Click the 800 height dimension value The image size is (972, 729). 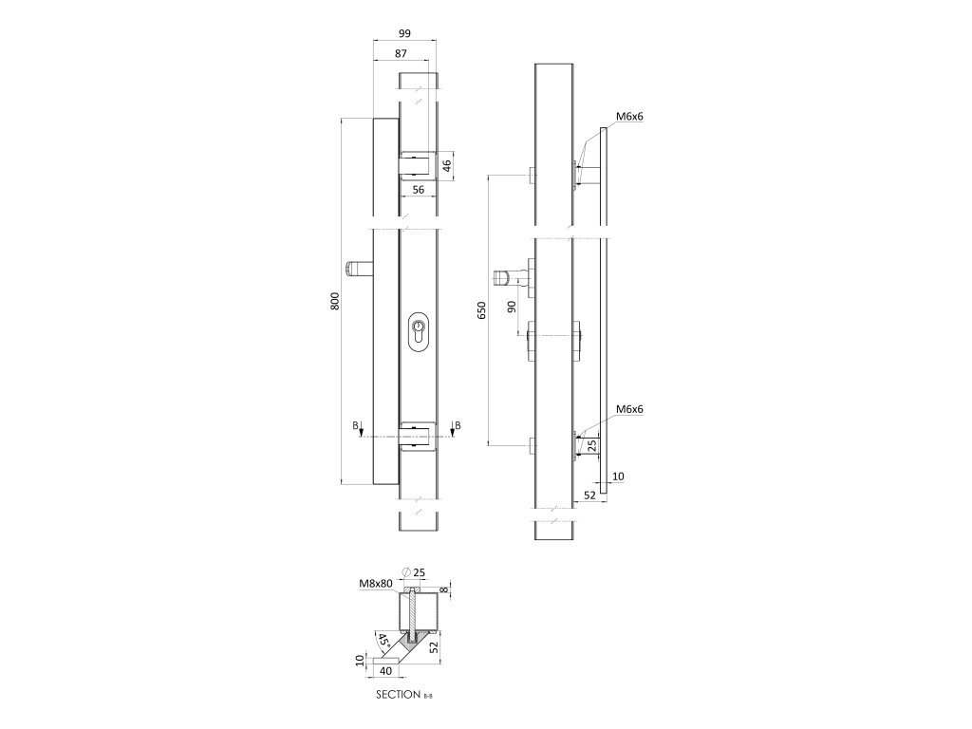(x=334, y=302)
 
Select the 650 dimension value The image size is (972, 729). (x=481, y=309)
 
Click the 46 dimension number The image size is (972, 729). (x=447, y=166)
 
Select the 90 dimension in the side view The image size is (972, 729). (x=512, y=306)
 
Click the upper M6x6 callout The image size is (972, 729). (x=629, y=117)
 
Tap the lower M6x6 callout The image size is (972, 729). (x=629, y=409)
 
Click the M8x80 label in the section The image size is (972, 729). (x=376, y=584)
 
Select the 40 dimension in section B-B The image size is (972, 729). (x=386, y=671)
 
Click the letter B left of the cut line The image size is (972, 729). (x=356, y=427)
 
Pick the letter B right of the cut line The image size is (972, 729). (x=458, y=425)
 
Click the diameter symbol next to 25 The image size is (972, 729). (x=406, y=570)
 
